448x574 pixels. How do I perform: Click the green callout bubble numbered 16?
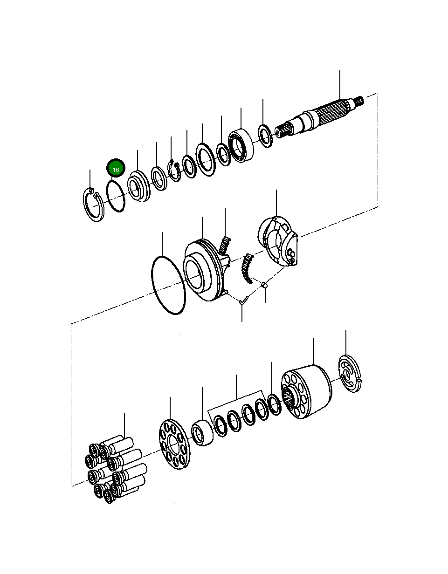click(x=116, y=169)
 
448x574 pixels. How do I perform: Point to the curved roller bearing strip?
click(x=246, y=268)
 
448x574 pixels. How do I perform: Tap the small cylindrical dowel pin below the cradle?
click(x=264, y=285)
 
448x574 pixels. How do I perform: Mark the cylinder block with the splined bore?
click(x=306, y=391)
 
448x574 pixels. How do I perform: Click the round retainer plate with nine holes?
click(x=173, y=444)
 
